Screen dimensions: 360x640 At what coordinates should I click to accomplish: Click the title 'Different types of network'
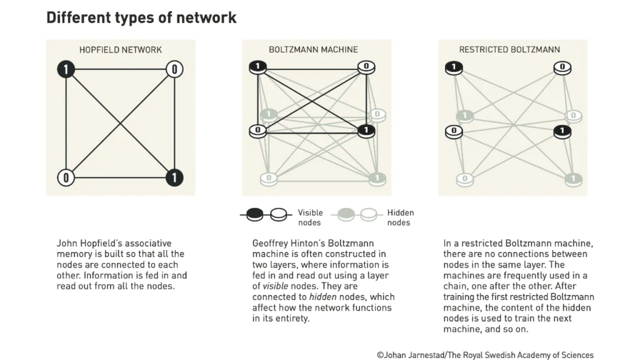click(x=141, y=17)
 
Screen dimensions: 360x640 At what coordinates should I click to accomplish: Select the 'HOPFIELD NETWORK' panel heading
click(x=121, y=50)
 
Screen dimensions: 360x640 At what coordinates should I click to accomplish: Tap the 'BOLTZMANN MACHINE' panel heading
click(x=313, y=50)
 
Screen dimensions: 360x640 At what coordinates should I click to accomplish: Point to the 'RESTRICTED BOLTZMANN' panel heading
click(x=509, y=50)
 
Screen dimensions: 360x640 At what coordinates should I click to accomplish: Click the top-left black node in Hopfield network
click(x=66, y=69)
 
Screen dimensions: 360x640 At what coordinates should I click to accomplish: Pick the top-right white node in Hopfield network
click(x=174, y=69)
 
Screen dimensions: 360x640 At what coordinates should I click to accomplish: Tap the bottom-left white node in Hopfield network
click(x=66, y=177)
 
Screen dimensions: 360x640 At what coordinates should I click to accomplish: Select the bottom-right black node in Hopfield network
click(x=174, y=177)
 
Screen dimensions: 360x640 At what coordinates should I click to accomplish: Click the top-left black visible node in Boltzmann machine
click(x=257, y=66)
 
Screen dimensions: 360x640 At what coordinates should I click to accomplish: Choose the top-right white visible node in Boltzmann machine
click(x=366, y=66)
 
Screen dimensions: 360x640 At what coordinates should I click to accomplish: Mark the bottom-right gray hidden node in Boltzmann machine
click(x=376, y=178)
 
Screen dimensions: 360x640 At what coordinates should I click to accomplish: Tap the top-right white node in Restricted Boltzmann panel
click(x=562, y=66)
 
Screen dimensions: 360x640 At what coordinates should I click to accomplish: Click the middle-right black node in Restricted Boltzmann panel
click(x=562, y=131)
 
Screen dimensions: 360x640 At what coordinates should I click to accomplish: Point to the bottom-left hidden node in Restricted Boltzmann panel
click(x=464, y=178)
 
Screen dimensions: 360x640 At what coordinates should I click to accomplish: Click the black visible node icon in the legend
click(x=255, y=215)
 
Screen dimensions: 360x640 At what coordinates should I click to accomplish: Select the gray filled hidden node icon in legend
click(x=346, y=215)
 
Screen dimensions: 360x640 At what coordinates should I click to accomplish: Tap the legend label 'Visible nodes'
click(x=310, y=217)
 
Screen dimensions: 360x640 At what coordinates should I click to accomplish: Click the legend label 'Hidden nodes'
click(x=400, y=217)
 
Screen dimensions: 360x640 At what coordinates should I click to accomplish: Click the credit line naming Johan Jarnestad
click(x=485, y=354)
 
